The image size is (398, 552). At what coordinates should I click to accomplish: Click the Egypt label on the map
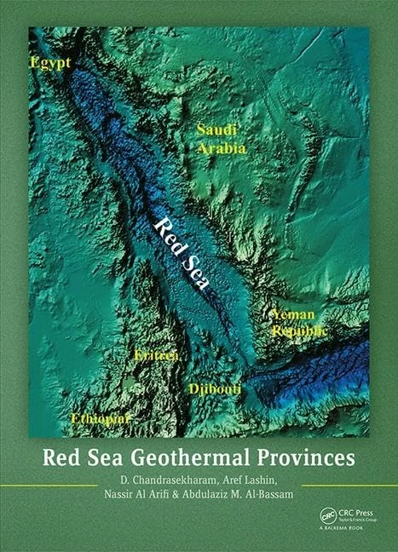pos(49,64)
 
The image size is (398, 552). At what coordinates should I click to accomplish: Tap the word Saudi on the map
pos(214,130)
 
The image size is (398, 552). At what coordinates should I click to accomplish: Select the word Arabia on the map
pos(222,148)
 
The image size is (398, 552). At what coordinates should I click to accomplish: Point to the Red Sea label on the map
pos(180,251)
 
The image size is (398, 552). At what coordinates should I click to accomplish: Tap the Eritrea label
pos(155,355)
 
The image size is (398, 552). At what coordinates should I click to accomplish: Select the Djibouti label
pos(214,388)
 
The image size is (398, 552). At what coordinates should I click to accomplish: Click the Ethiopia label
pos(100,419)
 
